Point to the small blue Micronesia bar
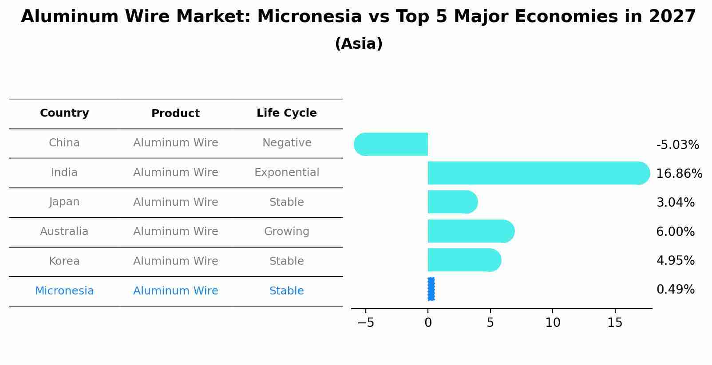[431, 289]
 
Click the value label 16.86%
[679, 173]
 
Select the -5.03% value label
[677, 145]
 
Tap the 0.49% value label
[675, 289]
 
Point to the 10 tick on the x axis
[553, 323]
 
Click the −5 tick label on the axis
[365, 323]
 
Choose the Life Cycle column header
[286, 113]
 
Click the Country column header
[64, 113]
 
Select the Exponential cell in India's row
[286, 173]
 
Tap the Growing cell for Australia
[286, 232]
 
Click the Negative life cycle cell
[286, 143]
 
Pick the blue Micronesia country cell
[64, 291]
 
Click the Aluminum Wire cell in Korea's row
[175, 261]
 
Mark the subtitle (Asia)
[358, 44]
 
